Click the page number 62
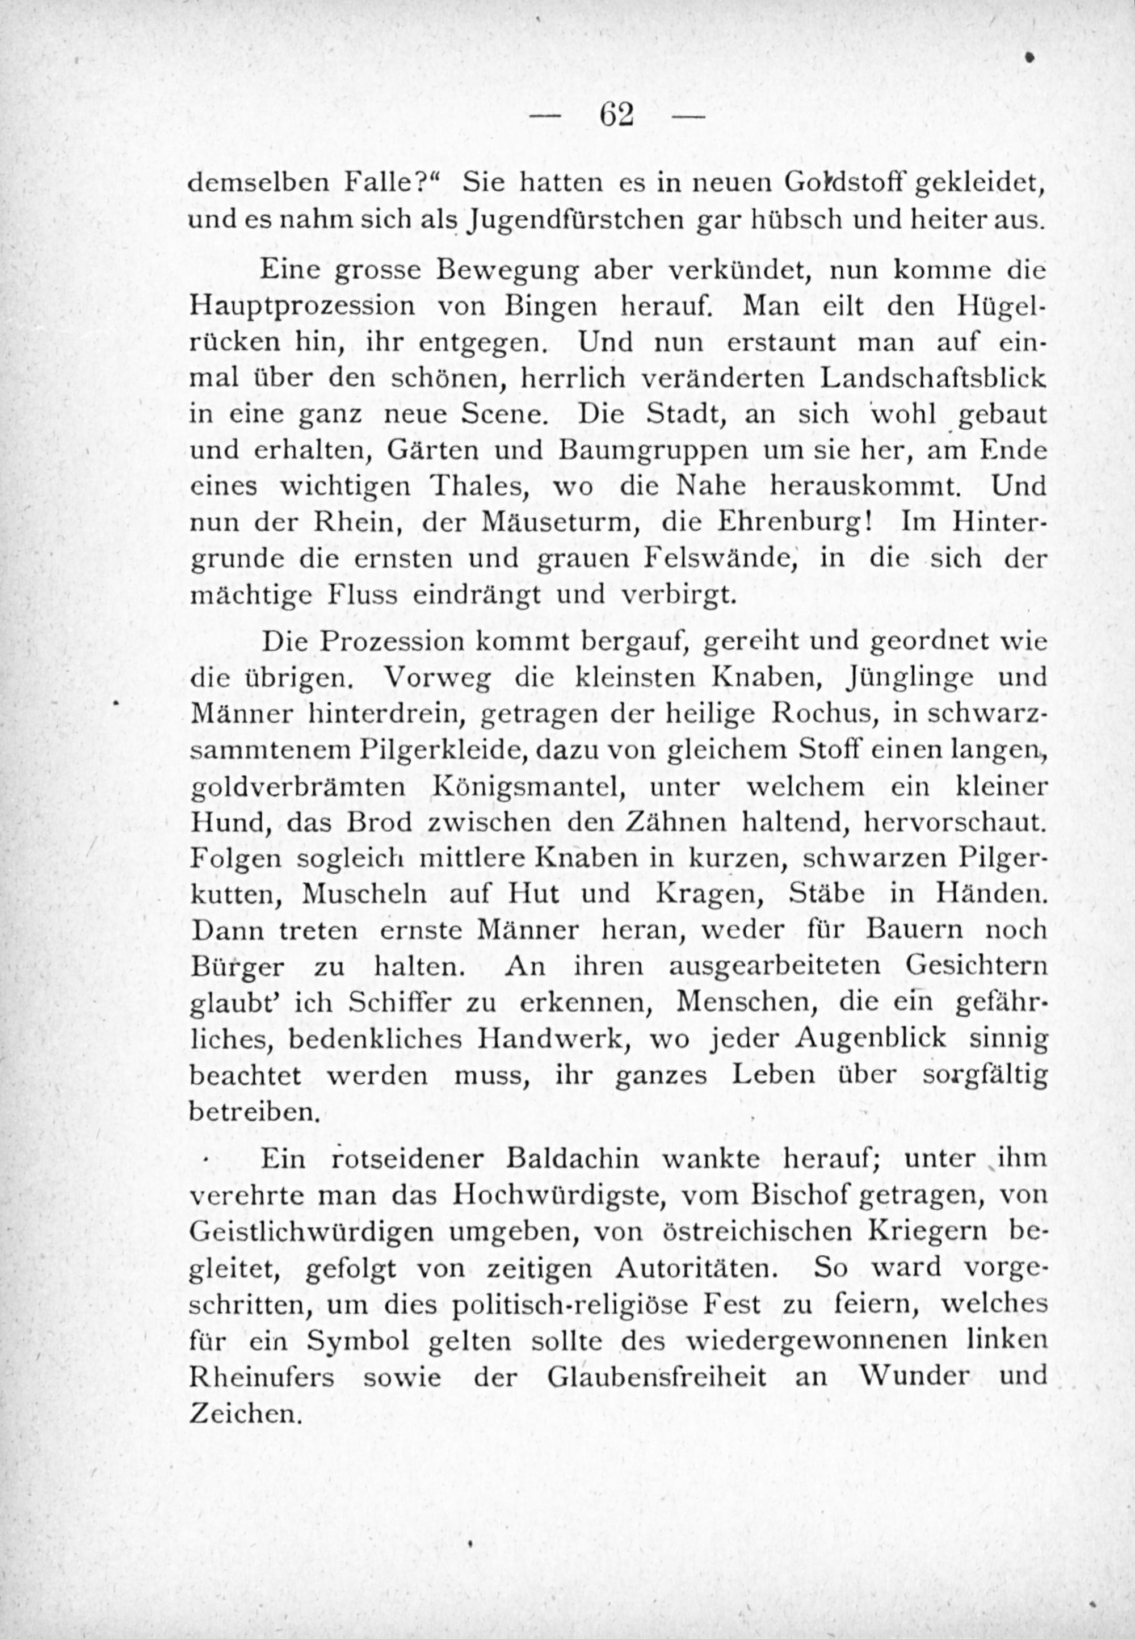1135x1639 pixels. pyautogui.click(x=616, y=114)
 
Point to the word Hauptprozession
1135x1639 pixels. pyautogui.click(x=302, y=307)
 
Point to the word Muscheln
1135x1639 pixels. pyautogui.click(x=364, y=895)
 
